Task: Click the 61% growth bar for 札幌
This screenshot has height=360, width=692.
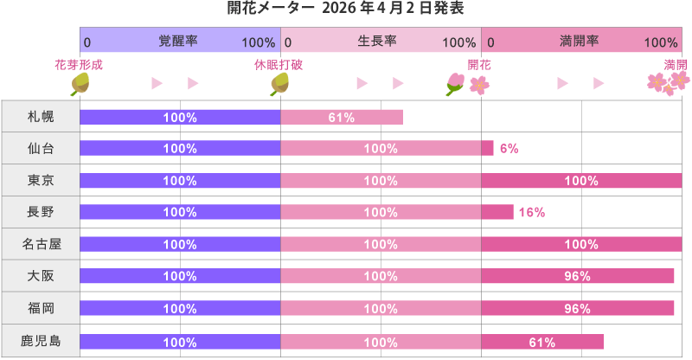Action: [x=342, y=117]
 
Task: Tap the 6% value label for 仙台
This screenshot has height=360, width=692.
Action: [x=509, y=149]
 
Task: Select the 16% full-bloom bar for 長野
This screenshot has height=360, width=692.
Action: [x=497, y=212]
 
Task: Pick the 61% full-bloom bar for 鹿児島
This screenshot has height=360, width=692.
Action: [x=542, y=342]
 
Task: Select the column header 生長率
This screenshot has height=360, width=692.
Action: [x=381, y=42]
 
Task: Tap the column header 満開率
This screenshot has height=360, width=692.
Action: [x=581, y=42]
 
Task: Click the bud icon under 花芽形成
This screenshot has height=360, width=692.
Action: [x=80, y=83]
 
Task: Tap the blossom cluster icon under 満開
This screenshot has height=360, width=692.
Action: [x=669, y=83]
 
